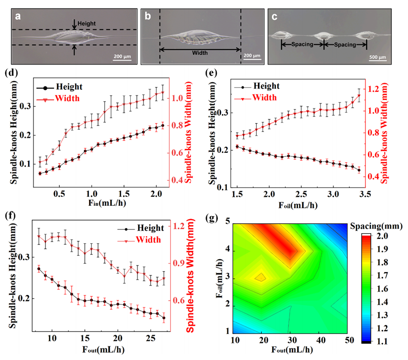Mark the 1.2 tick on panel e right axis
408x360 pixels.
click(376, 90)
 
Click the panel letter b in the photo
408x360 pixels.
click(148, 17)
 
